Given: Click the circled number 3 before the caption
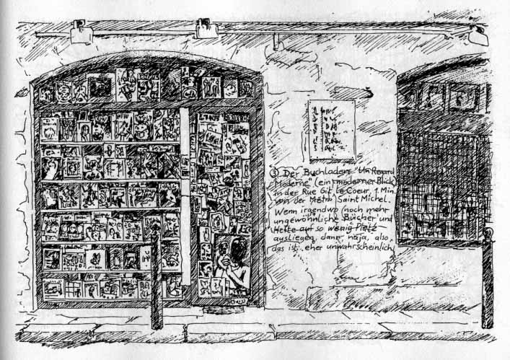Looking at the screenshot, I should (272, 173).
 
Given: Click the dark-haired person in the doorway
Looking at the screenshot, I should (236, 260).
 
